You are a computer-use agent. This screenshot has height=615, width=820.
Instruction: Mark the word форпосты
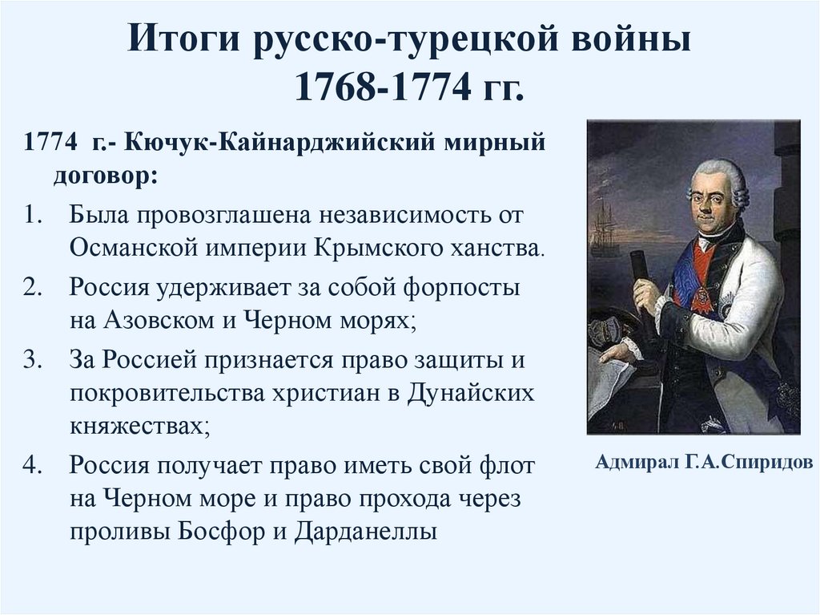457,288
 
